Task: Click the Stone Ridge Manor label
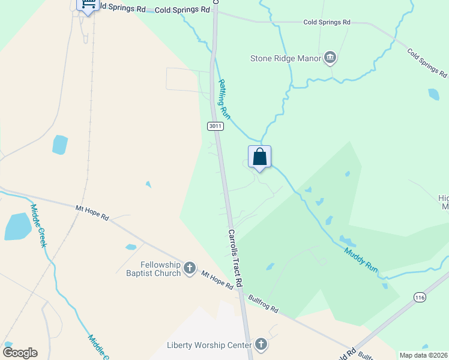pyautogui.click(x=286, y=58)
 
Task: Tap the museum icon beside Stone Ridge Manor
pyautogui.click(x=330, y=58)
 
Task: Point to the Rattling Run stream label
pyautogui.click(x=224, y=98)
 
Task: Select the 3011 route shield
pyautogui.click(x=215, y=126)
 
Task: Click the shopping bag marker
pyautogui.click(x=259, y=157)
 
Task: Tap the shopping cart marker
pyautogui.click(x=88, y=5)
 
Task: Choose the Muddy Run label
pyautogui.click(x=361, y=260)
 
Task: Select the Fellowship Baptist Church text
pyautogui.click(x=161, y=269)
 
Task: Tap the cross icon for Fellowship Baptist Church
pyautogui.click(x=190, y=268)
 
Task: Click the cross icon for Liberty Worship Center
pyautogui.click(x=261, y=344)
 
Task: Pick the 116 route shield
pyautogui.click(x=419, y=296)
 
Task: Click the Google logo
pyautogui.click(x=20, y=353)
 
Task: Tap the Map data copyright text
pyautogui.click(x=424, y=355)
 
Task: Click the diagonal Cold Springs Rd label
pyautogui.click(x=427, y=62)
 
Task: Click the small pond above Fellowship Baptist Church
pyautogui.click(x=131, y=247)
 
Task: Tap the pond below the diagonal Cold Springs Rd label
pyautogui.click(x=433, y=94)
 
